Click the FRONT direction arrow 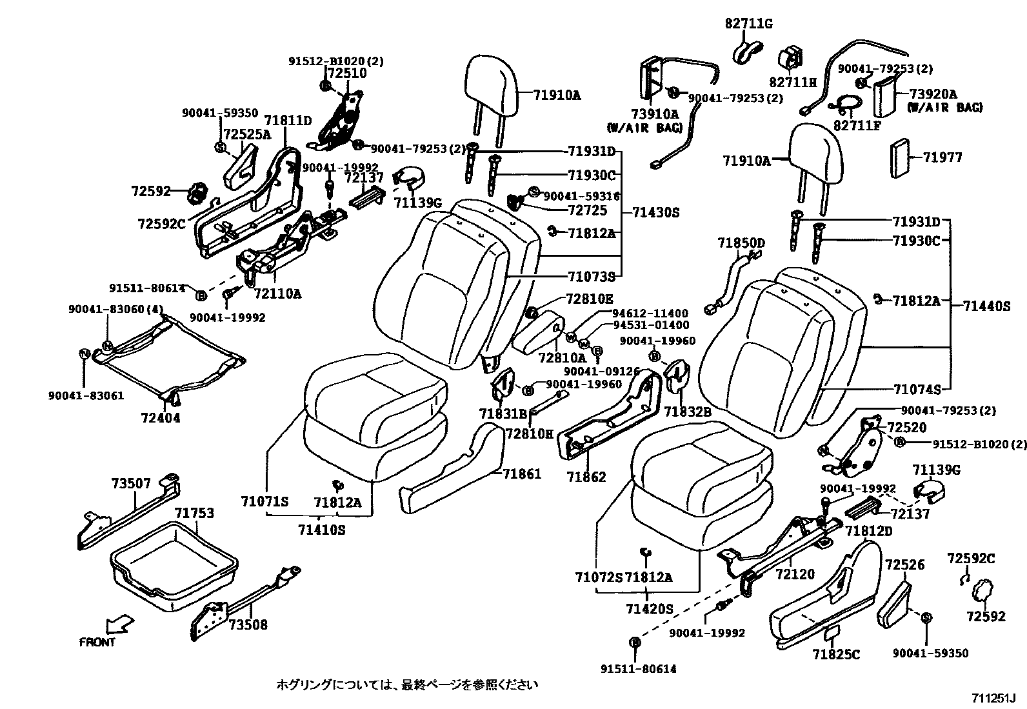click(119, 624)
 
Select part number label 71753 click(194, 513)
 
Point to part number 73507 click(131, 483)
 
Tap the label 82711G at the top click(748, 24)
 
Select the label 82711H click(793, 82)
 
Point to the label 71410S click(322, 530)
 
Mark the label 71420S click(649, 608)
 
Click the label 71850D click(741, 243)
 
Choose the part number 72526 click(904, 565)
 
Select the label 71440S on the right click(987, 306)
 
